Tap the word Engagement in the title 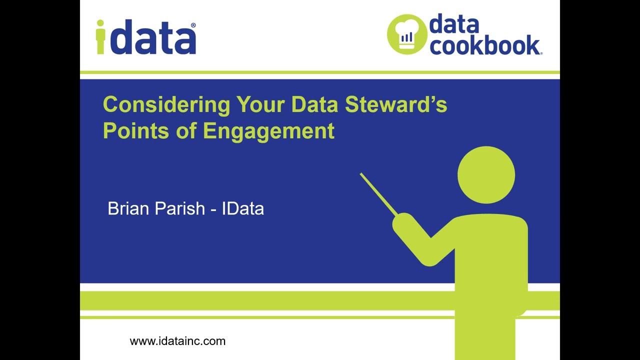click(268, 131)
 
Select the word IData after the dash click(242, 208)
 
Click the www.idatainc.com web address click(177, 341)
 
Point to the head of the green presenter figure click(486, 175)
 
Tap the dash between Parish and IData click(213, 209)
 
